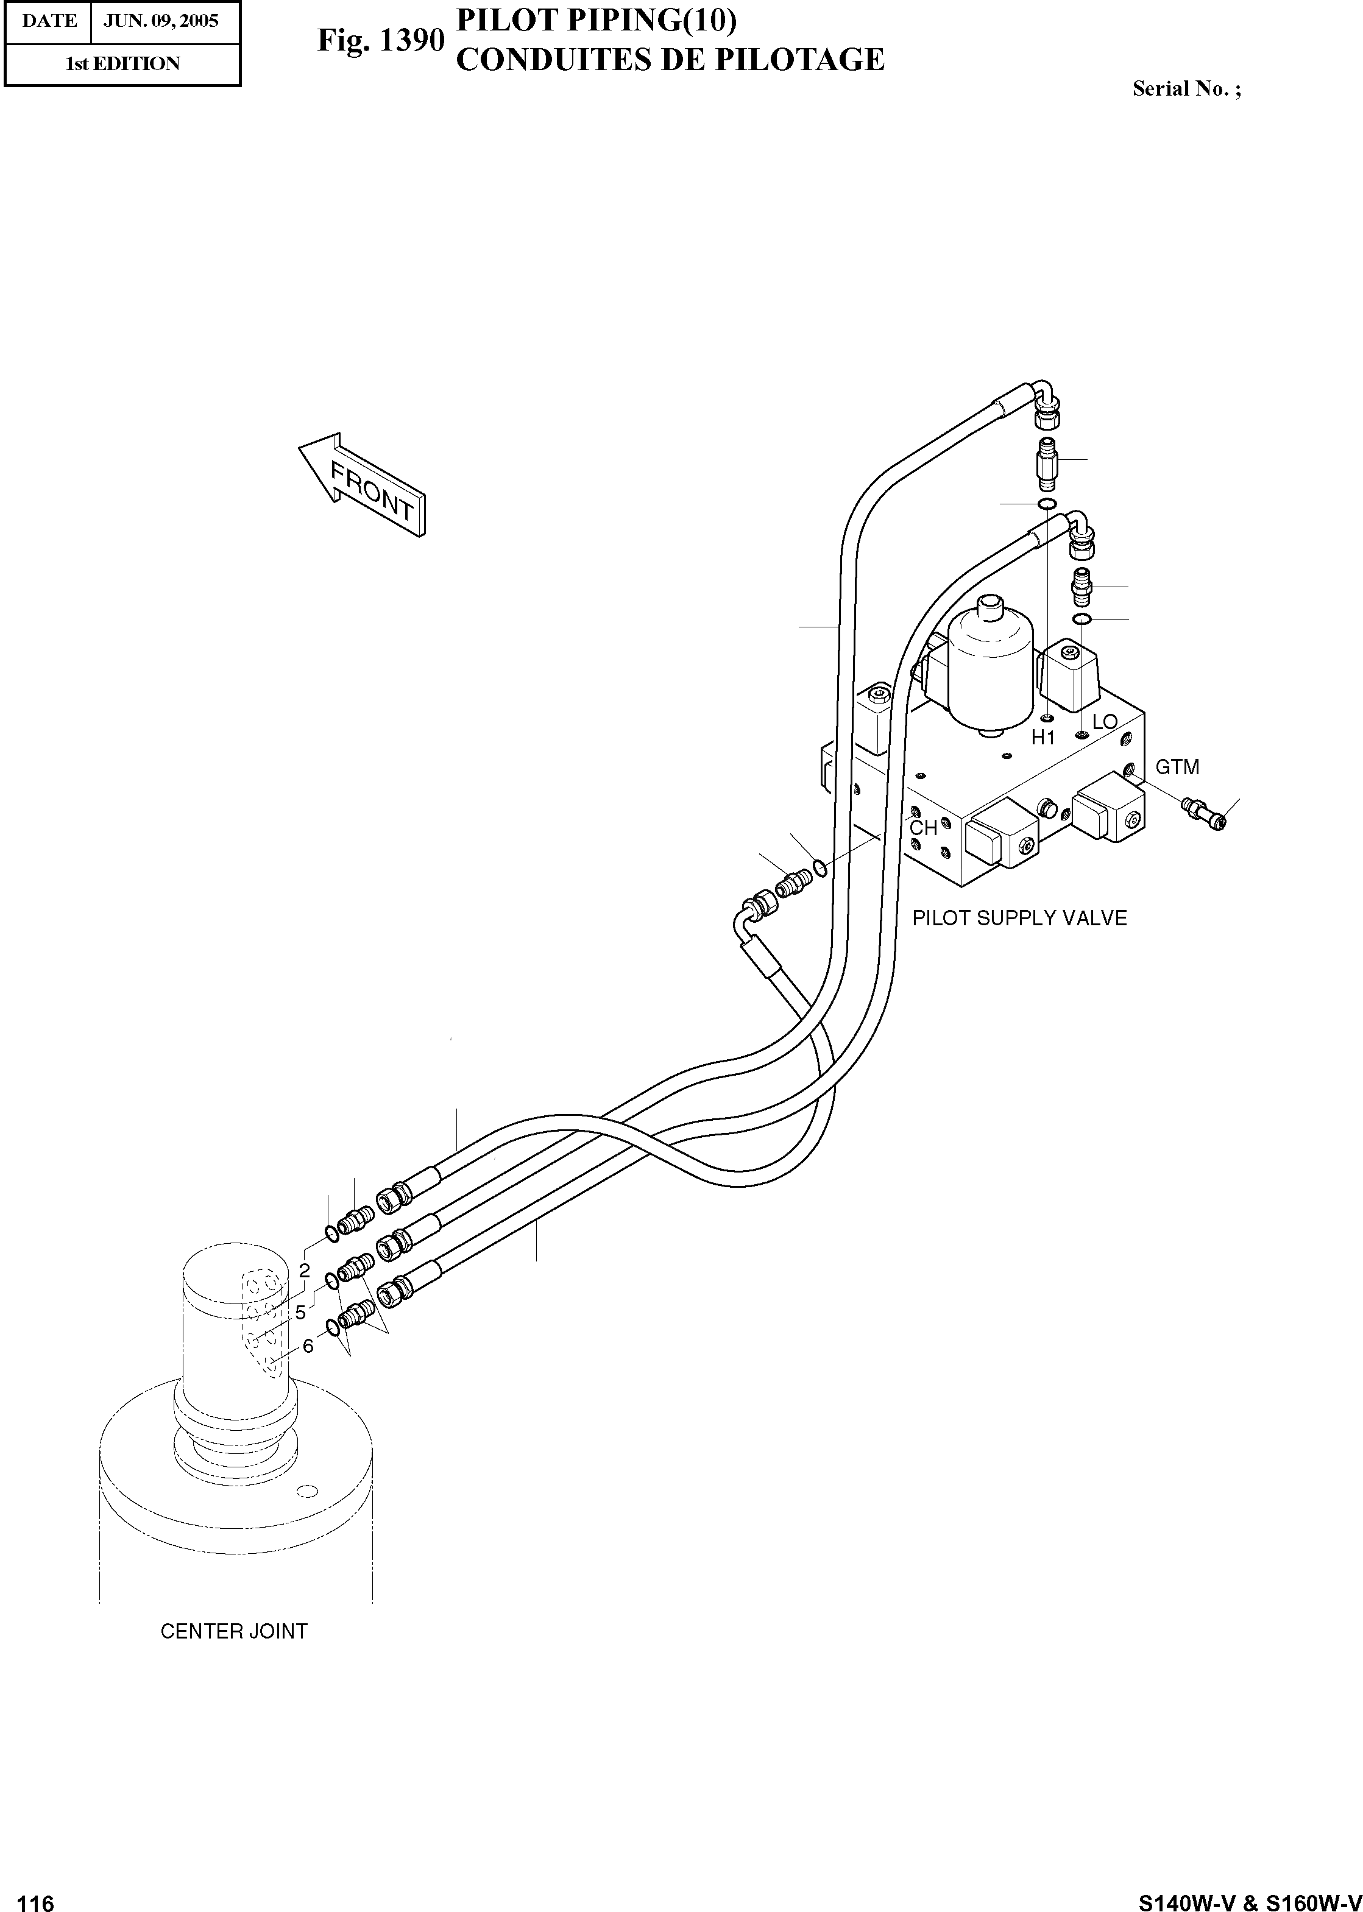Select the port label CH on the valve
tap(923, 828)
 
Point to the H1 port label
tap(1043, 738)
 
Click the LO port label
tap(1105, 722)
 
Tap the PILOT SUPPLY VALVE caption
tap(1019, 918)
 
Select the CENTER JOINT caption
tap(233, 1631)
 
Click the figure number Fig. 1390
tap(380, 40)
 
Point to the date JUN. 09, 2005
tap(160, 21)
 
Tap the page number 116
tap(35, 1898)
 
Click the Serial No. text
tap(1186, 89)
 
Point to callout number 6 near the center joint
tap(308, 1346)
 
